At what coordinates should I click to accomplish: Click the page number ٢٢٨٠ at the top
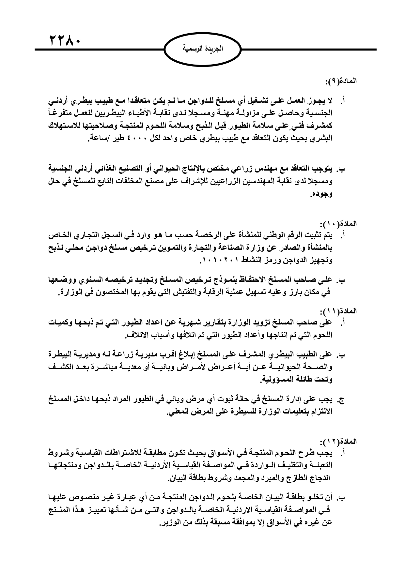[65, 41]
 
